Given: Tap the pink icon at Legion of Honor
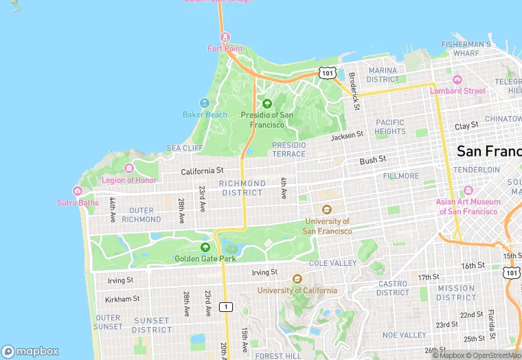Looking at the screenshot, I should [x=128, y=168].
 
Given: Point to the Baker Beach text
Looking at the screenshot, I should [x=205, y=115].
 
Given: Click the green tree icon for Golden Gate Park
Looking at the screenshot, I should [x=205, y=247].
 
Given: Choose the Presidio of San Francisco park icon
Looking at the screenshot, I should [x=266, y=104].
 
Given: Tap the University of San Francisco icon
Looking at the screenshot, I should [x=327, y=210].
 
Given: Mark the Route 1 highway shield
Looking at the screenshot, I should [x=225, y=306].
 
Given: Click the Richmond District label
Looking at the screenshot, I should [x=242, y=188].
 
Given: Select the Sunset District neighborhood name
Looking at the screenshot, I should [x=151, y=325].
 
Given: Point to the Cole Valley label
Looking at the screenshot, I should [x=333, y=263].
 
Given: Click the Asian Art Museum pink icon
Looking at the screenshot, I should [x=468, y=190].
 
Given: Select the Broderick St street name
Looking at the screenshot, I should [x=354, y=91].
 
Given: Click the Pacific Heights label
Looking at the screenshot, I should [x=390, y=126].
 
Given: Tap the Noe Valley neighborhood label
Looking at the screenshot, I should [x=404, y=335].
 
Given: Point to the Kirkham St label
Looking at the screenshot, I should [x=122, y=299].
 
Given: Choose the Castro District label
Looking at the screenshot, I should [x=393, y=288].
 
